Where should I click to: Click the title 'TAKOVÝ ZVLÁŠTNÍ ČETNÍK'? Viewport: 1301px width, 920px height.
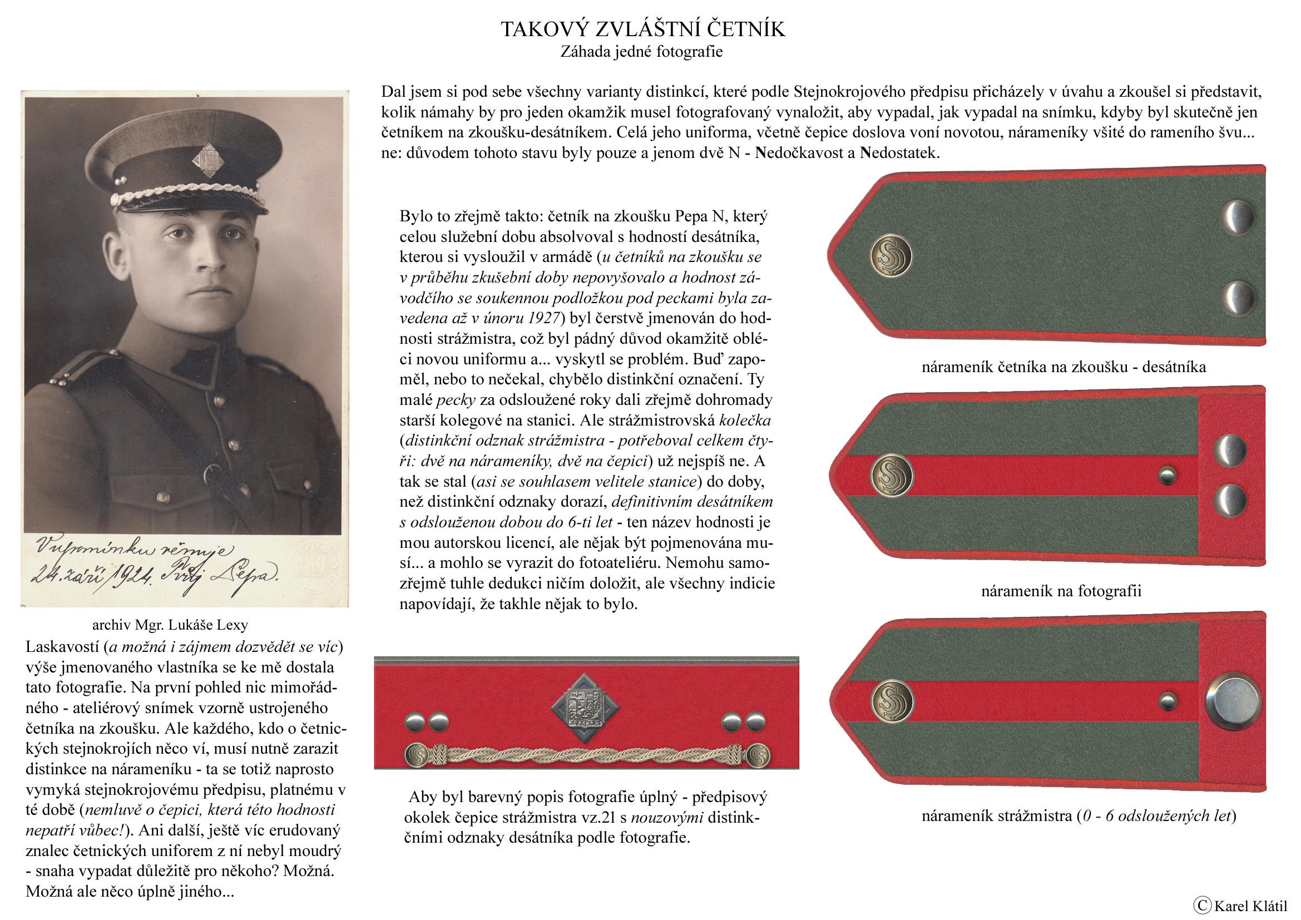tap(642, 29)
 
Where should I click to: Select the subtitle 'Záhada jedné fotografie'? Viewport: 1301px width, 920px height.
tap(641, 52)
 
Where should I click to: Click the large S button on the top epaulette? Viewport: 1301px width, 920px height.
tap(891, 256)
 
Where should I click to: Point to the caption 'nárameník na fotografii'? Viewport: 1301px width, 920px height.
tap(1061, 591)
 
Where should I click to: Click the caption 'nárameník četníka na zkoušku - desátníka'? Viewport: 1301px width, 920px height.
tap(1063, 367)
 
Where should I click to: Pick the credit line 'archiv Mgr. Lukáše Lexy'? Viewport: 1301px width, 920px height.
tap(170, 625)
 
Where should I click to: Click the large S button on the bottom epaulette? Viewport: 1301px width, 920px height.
tap(891, 701)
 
